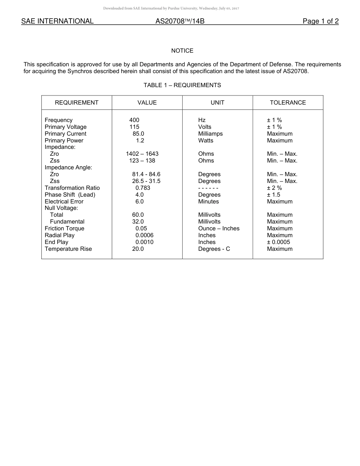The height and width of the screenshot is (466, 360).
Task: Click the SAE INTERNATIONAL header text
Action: click(57, 21)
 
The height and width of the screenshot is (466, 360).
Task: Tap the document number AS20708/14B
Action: click(180, 21)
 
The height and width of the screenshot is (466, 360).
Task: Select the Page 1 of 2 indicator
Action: click(320, 21)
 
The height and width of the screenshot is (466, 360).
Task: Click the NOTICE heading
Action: click(182, 51)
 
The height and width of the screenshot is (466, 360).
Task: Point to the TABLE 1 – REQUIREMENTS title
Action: click(182, 85)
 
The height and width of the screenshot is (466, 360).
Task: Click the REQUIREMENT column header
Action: click(77, 103)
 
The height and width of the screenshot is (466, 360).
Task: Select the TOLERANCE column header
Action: click(288, 103)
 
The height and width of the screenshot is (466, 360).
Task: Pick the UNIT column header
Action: click(218, 103)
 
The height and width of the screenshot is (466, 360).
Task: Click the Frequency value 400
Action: click(134, 120)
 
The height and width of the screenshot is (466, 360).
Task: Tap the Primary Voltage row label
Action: click(66, 127)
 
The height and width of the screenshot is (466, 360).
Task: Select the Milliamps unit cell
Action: click(210, 134)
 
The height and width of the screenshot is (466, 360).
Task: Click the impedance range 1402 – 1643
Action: click(142, 154)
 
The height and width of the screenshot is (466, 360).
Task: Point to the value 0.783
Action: click(143, 188)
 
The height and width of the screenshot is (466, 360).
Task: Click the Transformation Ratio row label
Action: click(72, 188)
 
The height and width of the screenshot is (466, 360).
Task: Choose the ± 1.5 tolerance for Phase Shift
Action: click(274, 195)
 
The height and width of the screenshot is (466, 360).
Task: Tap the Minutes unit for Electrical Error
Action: click(208, 202)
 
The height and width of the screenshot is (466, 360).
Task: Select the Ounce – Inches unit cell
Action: click(219, 228)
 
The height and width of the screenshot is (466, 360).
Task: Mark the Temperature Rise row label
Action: click(68, 249)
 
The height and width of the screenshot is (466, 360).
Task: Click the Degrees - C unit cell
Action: click(214, 249)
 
